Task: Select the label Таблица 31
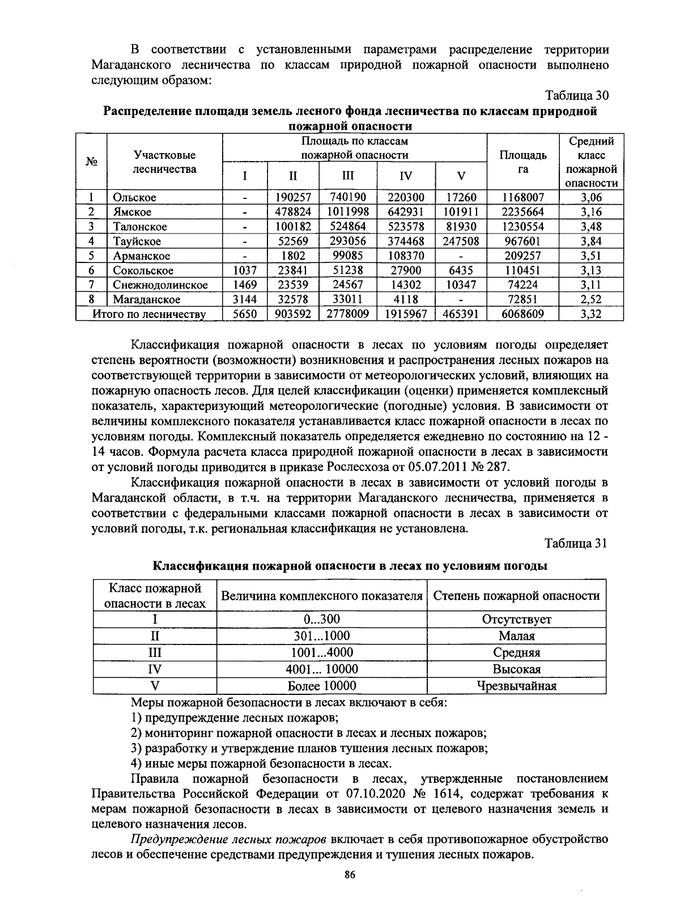[x=576, y=544]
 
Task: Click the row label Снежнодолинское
[x=160, y=285]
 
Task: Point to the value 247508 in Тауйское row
[x=461, y=241]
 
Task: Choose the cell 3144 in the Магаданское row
[x=244, y=299]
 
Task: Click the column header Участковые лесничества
[x=164, y=162]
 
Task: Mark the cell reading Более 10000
[x=322, y=686]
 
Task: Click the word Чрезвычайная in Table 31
[x=516, y=686]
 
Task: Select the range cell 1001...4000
[x=322, y=652]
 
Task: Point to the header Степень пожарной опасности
[x=516, y=596]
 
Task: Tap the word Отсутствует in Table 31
[x=516, y=620]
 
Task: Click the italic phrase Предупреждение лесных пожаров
[x=228, y=839]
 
